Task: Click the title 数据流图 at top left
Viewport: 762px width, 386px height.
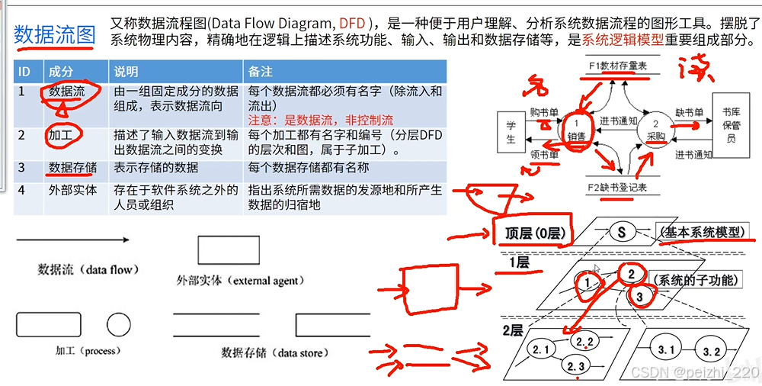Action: pos(55,34)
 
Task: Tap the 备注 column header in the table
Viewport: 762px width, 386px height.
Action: pos(261,72)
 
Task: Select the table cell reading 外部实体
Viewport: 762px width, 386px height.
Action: pos(73,190)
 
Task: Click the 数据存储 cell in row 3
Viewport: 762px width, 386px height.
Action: pos(72,167)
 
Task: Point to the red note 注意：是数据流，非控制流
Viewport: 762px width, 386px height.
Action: pos(320,120)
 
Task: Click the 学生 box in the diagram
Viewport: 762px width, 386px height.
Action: pos(511,130)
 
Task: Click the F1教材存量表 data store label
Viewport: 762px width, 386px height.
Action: pos(617,66)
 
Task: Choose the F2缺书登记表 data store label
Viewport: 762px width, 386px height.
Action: pos(617,188)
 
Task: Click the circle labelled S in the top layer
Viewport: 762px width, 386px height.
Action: pos(622,231)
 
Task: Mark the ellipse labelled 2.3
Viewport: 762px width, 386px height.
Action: pos(577,367)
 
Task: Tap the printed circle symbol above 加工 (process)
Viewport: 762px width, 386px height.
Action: pos(119,326)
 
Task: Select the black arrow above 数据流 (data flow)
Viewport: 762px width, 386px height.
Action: pos(72,240)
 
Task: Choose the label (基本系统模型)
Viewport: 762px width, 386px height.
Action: pos(701,232)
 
